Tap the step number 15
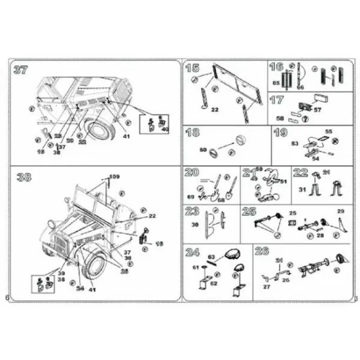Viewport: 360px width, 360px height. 192,69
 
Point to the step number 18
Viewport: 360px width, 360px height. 192,133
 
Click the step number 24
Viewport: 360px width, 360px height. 192,252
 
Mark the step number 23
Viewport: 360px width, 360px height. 192,212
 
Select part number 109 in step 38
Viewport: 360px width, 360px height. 115,177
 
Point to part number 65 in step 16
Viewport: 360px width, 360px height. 276,84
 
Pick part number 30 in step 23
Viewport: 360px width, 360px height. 195,225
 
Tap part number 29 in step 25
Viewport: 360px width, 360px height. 340,211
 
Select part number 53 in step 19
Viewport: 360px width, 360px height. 295,143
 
